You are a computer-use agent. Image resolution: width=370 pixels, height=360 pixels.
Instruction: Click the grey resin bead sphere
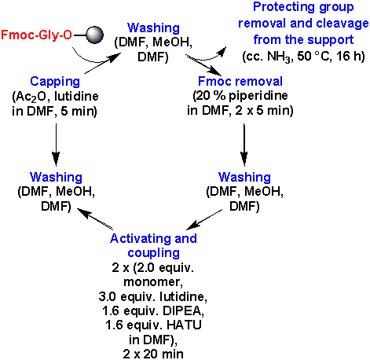[x=95, y=35]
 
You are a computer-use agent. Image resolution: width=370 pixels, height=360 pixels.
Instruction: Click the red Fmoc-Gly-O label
[x=36, y=35]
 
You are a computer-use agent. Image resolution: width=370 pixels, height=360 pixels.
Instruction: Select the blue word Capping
[x=55, y=82]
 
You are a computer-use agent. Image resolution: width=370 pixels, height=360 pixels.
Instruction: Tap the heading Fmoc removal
[x=240, y=81]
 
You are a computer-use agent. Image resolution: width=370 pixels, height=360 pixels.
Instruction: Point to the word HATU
[x=184, y=325]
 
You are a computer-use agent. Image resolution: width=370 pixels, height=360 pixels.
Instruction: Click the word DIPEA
[x=183, y=310]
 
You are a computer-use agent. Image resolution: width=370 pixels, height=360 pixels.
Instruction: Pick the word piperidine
[x=258, y=96]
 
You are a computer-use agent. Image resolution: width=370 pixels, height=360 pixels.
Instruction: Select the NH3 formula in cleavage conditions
[x=280, y=57]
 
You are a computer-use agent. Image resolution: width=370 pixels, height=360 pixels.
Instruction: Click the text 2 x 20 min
[x=153, y=354]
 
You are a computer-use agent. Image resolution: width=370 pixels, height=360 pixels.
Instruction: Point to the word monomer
[x=152, y=282]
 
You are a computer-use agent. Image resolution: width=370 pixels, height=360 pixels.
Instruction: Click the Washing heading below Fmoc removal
[x=244, y=177]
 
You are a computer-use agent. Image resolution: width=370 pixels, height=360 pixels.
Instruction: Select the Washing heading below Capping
[x=56, y=177]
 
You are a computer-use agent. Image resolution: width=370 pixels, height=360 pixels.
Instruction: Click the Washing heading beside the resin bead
[x=153, y=28]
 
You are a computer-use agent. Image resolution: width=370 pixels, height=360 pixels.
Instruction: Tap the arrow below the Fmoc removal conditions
[x=244, y=145]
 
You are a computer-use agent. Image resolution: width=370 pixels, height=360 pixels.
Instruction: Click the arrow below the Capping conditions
[x=56, y=145]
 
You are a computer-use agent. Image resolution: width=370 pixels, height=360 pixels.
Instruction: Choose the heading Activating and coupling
[x=153, y=246]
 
